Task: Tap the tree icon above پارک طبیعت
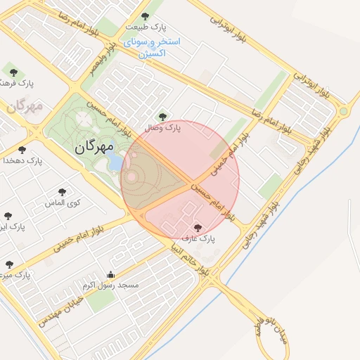pyautogui.click(x=146, y=16)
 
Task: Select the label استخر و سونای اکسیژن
pyautogui.click(x=153, y=47)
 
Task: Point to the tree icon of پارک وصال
pyautogui.click(x=163, y=117)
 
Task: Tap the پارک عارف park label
pyautogui.click(x=198, y=238)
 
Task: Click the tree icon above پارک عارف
pyautogui.click(x=198, y=227)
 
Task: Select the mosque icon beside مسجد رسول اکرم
pyautogui.click(x=110, y=275)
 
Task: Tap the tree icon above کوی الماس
pyautogui.click(x=63, y=191)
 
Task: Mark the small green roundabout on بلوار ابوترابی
pyautogui.click(x=343, y=111)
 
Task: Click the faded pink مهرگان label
pyautogui.click(x=25, y=107)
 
